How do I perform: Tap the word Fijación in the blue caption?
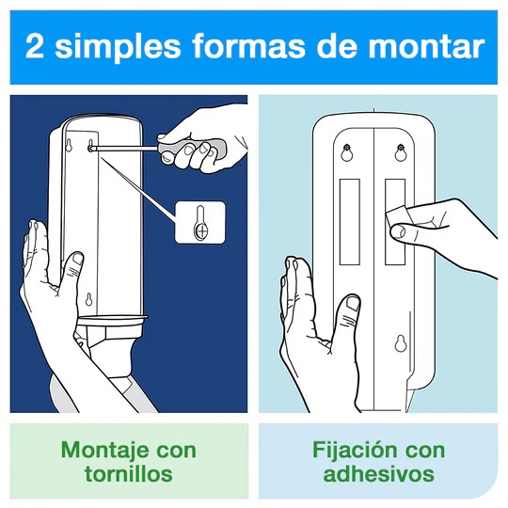point(354,449)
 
